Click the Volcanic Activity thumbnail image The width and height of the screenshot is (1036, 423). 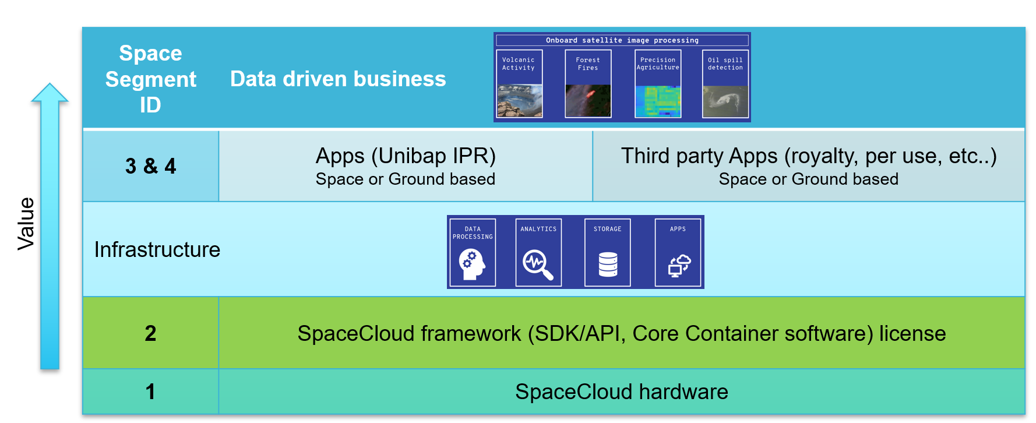coord(520,101)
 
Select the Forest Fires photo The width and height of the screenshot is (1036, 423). coord(588,101)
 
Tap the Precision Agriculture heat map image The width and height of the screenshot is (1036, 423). coord(658,101)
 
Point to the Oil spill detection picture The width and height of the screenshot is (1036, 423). coord(725,101)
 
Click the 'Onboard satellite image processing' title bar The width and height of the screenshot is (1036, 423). coord(622,40)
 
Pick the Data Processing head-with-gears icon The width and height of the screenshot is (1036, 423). coord(472,264)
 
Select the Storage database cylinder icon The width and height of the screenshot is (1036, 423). coord(608,265)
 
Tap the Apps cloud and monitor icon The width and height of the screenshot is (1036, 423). coord(679,266)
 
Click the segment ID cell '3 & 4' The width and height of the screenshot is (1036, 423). coord(151,166)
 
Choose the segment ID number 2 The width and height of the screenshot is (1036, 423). coord(150,333)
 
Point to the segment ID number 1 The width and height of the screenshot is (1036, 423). coord(150,392)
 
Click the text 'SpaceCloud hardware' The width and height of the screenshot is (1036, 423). coord(622,392)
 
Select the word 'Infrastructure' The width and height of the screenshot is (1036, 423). coord(157,250)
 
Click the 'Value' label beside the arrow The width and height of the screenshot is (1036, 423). coord(26,224)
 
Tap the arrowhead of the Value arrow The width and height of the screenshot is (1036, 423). coord(50,84)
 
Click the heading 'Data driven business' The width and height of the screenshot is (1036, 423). coord(338,79)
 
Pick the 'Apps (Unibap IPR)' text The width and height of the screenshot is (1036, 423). coord(406,156)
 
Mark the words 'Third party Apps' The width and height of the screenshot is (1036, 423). coord(699,156)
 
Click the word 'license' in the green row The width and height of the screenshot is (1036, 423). coord(912,333)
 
